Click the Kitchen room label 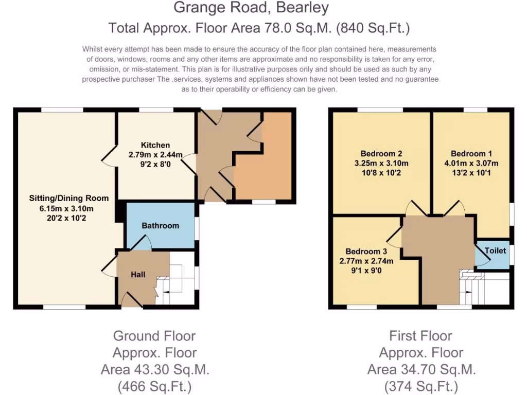click(x=155, y=145)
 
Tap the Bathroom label click(x=161, y=225)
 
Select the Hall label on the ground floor click(x=138, y=274)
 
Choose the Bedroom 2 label click(x=381, y=153)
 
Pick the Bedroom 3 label click(x=366, y=251)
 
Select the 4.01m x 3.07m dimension click(x=471, y=164)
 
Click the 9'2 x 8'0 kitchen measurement click(x=155, y=166)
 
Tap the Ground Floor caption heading click(x=154, y=336)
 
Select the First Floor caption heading click(x=421, y=336)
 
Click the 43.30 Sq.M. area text click(x=154, y=369)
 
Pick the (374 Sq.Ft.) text click(x=421, y=386)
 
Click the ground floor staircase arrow click(x=168, y=294)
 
